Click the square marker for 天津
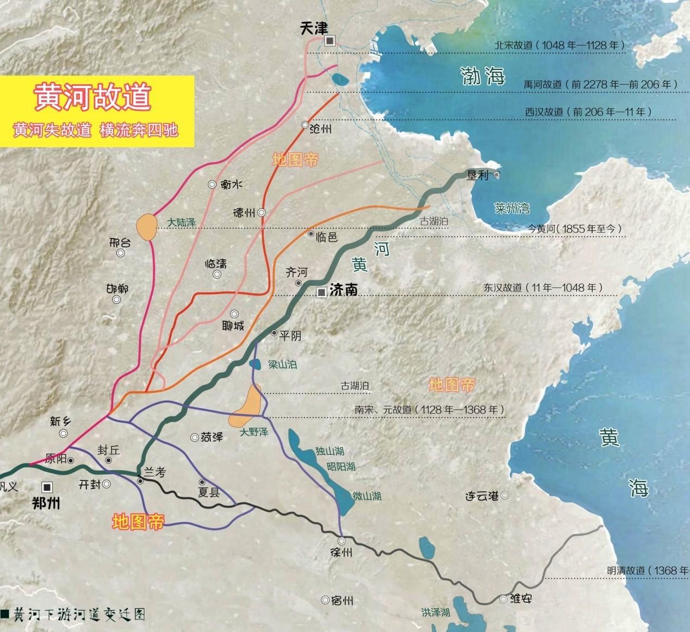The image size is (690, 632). (330, 41)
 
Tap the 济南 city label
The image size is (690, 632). (344, 290)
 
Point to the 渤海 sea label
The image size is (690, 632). (482, 76)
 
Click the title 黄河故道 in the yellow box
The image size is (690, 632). (92, 97)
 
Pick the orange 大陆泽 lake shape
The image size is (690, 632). (146, 227)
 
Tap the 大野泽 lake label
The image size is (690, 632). (254, 432)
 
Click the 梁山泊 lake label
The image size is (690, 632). (283, 364)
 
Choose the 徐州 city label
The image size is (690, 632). (341, 553)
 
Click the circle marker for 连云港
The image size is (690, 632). (505, 495)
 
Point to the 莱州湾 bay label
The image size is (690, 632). (512, 208)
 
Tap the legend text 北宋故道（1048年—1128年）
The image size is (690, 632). (560, 45)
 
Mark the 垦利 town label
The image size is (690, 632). (478, 175)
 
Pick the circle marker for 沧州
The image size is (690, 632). (305, 125)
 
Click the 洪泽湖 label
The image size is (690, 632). (435, 612)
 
